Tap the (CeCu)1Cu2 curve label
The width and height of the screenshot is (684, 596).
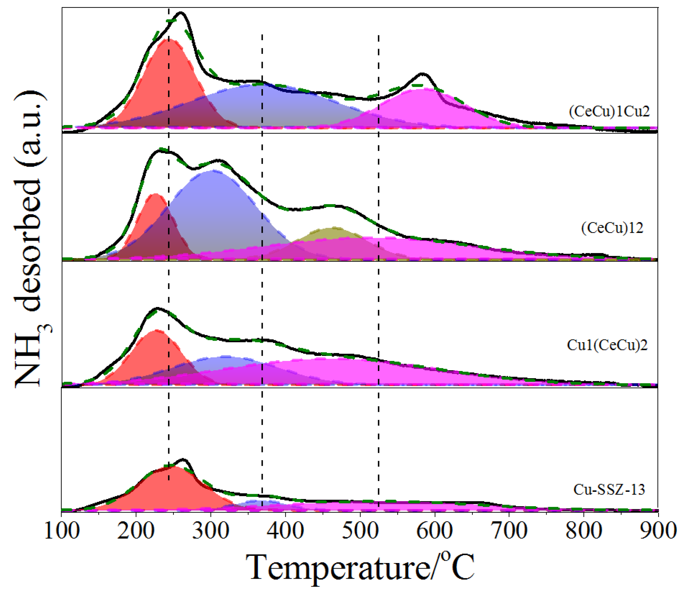pos(609,111)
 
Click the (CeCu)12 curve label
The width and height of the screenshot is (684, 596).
pos(612,228)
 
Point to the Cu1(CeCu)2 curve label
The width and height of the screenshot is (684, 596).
pos(607,345)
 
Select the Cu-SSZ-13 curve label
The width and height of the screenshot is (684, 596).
pos(609,490)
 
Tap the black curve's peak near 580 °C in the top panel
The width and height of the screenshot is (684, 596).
pos(422,73)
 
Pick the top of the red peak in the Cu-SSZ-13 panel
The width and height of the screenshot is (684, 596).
pos(174,467)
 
